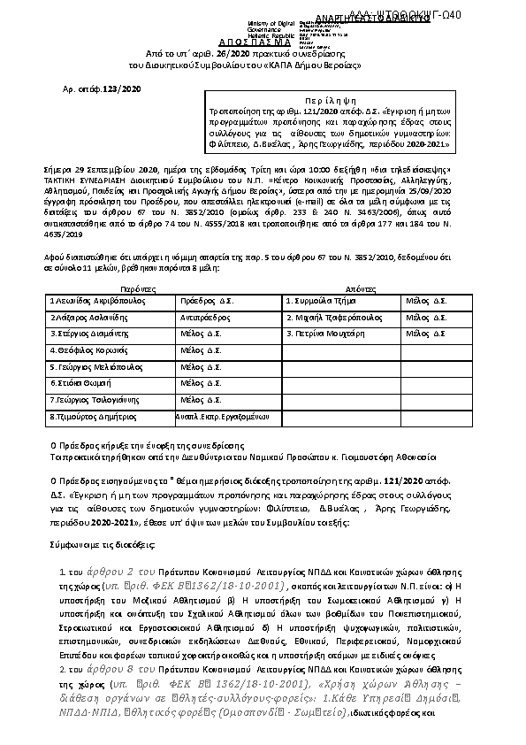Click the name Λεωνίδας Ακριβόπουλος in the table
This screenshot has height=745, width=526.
pos(97,302)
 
